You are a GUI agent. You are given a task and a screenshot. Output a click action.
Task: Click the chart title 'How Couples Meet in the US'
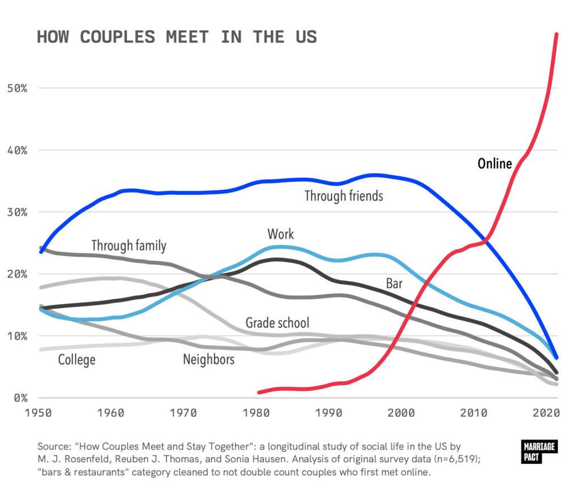(x=177, y=37)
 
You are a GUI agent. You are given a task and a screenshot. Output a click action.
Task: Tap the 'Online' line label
(x=494, y=164)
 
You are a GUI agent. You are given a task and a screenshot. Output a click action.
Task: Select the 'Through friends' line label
(x=344, y=196)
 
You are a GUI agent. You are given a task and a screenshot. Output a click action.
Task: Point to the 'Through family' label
(x=129, y=245)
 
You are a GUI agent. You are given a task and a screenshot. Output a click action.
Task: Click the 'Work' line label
(x=281, y=233)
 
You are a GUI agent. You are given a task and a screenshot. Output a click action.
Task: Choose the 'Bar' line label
(x=394, y=283)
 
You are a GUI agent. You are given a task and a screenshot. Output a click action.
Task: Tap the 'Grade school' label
(x=278, y=323)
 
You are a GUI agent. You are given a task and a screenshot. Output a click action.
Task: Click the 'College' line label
(x=76, y=359)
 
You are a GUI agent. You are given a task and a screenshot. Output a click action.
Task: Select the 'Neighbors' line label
(x=208, y=359)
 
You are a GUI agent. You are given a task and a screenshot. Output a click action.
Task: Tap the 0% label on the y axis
(x=20, y=398)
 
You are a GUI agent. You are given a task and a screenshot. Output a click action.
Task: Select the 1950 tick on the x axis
(x=41, y=413)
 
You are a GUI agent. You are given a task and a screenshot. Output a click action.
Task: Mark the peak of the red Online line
(x=557, y=34)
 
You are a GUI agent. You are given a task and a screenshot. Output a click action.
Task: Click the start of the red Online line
(x=259, y=392)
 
